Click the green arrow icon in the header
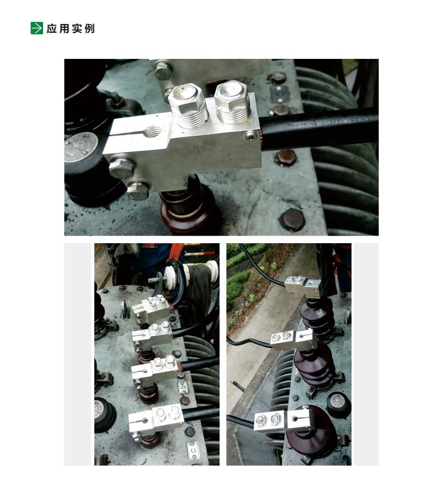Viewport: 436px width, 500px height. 37,28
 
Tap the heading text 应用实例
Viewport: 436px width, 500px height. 70,28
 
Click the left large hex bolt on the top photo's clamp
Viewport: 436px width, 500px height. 188,105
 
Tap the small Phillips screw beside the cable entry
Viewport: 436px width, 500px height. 251,136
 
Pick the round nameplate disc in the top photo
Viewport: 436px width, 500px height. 81,147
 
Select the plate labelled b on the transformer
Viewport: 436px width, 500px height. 183,388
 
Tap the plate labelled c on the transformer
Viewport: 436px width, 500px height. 193,450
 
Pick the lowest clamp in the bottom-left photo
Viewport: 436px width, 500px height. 156,419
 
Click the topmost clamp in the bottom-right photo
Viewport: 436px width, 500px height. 302,285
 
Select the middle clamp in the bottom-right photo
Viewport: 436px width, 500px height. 294,340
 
